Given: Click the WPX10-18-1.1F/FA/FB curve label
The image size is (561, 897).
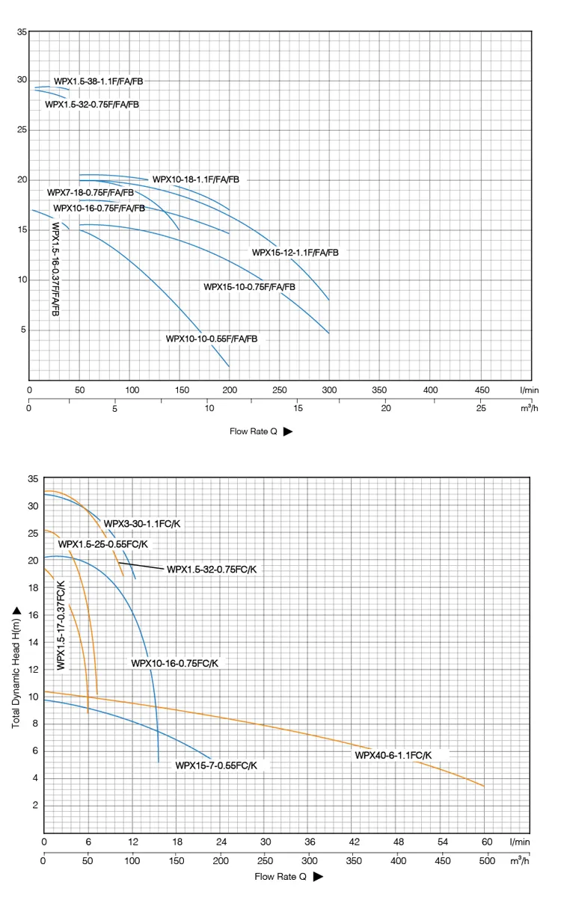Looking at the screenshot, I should pos(196,179).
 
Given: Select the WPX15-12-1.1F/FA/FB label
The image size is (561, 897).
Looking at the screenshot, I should pos(295,253).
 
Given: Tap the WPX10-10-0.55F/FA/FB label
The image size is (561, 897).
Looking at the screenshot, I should pos(212,339).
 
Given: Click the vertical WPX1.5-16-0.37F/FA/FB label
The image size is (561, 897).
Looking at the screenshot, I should pos(56,268).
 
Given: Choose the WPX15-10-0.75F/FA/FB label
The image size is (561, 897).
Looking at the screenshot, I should pos(249,287).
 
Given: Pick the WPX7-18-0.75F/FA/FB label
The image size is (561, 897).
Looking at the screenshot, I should pos(91,193).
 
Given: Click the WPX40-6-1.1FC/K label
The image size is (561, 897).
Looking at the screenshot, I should pos(393,755).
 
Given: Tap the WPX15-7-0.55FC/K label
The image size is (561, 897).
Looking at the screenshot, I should pos(216,765).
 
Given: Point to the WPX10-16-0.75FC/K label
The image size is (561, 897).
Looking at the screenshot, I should pos(174,663).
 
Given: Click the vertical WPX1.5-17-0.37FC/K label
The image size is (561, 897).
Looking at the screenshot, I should pos(61,625).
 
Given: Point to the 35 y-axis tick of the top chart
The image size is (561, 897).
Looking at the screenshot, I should pos(22,32).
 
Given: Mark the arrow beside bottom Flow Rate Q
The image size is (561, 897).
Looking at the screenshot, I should pos(318,876).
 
